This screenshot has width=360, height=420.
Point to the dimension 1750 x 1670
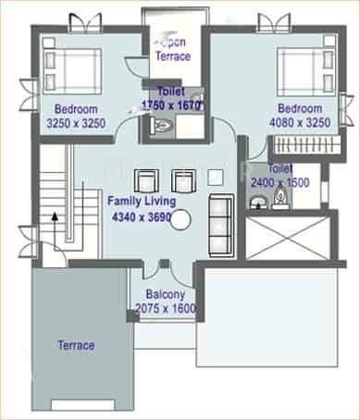click(173, 105)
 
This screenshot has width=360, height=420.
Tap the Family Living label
click(141, 200)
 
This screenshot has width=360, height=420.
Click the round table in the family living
click(181, 220)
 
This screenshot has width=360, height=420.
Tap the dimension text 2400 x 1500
click(281, 183)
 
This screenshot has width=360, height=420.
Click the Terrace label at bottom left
click(75, 345)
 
